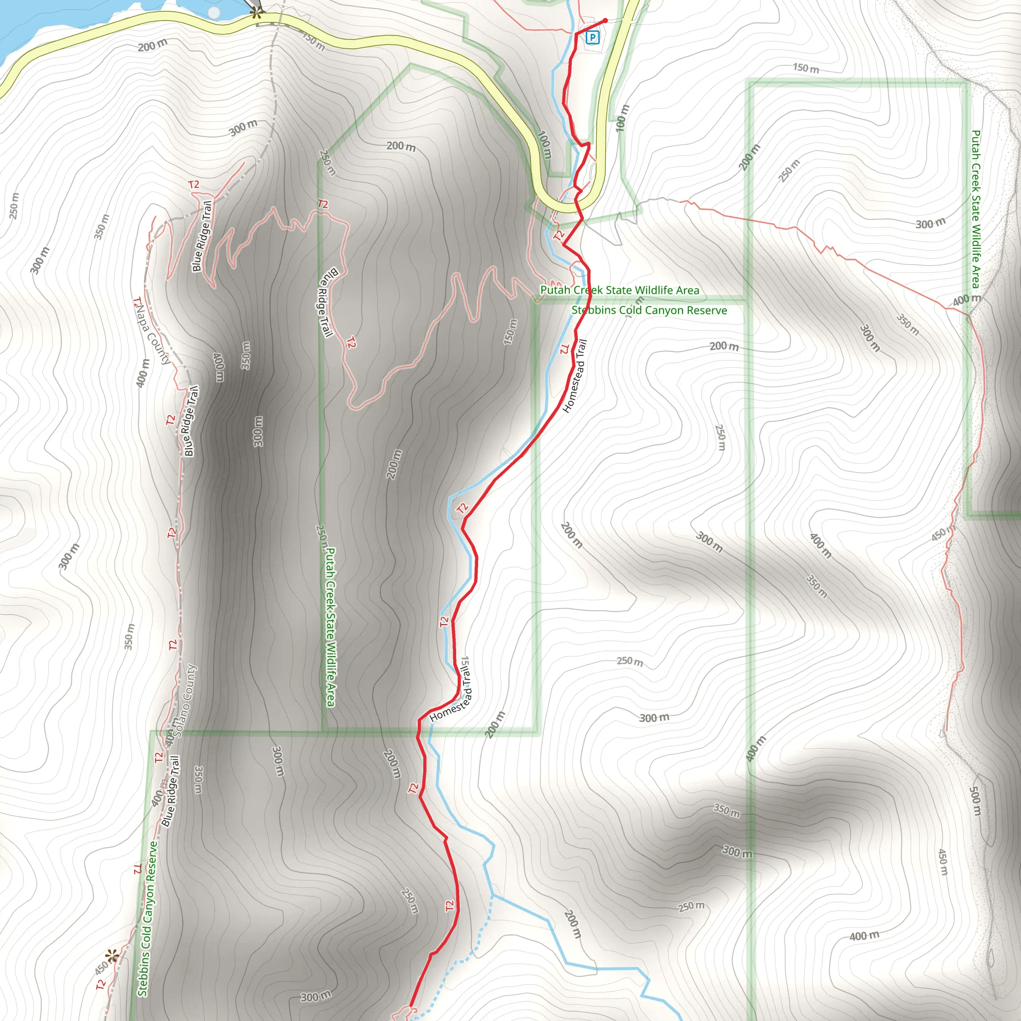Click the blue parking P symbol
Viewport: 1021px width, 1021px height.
[x=593, y=37]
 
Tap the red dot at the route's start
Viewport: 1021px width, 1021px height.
[x=605, y=20]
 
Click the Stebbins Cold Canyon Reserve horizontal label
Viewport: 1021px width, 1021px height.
[x=649, y=310]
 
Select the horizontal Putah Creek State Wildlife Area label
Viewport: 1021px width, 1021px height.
[x=619, y=290]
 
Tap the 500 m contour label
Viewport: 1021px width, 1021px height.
[x=976, y=801]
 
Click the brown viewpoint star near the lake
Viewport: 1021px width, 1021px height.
[x=256, y=14]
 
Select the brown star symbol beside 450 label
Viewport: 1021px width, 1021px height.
[x=112, y=956]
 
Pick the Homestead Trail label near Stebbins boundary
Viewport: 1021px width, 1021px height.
[x=575, y=376]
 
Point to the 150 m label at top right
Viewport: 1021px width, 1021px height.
[x=806, y=68]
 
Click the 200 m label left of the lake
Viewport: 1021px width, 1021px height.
[x=152, y=46]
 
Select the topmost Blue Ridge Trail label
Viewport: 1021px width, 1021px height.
[x=202, y=236]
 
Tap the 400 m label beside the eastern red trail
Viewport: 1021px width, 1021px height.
[x=967, y=300]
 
